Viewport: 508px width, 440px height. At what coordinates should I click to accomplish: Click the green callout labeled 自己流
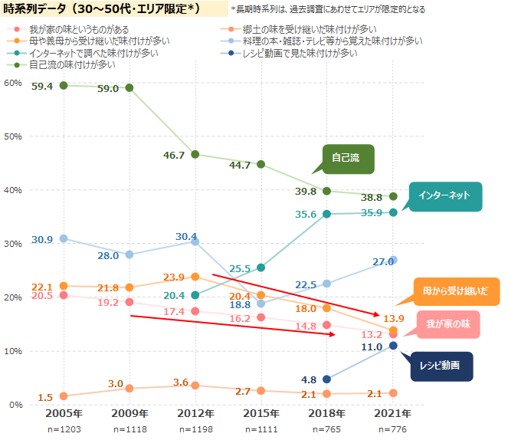coord(346,159)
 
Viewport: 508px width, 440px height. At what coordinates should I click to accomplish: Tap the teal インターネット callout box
coord(444,195)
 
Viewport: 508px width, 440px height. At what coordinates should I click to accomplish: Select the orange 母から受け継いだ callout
coord(456,291)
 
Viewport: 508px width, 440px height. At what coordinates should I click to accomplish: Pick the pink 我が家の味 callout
coord(448,324)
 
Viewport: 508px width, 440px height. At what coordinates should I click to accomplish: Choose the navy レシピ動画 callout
coord(439,366)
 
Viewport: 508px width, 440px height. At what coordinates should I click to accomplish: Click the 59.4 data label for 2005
coord(42,87)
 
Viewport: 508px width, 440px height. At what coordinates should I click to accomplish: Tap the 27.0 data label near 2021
coord(383,262)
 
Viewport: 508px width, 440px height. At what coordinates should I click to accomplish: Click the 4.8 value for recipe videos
coord(310,379)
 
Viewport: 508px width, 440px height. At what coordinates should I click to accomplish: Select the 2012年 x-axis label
coord(195,413)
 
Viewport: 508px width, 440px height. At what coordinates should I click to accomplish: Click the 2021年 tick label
coord(393,413)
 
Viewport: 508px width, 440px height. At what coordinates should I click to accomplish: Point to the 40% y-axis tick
coord(13,190)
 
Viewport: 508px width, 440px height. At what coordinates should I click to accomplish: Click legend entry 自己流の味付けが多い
coord(73,64)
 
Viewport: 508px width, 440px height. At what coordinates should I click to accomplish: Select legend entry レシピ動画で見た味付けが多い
coord(300,52)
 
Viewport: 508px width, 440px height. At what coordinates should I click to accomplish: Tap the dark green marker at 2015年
coord(261,164)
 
